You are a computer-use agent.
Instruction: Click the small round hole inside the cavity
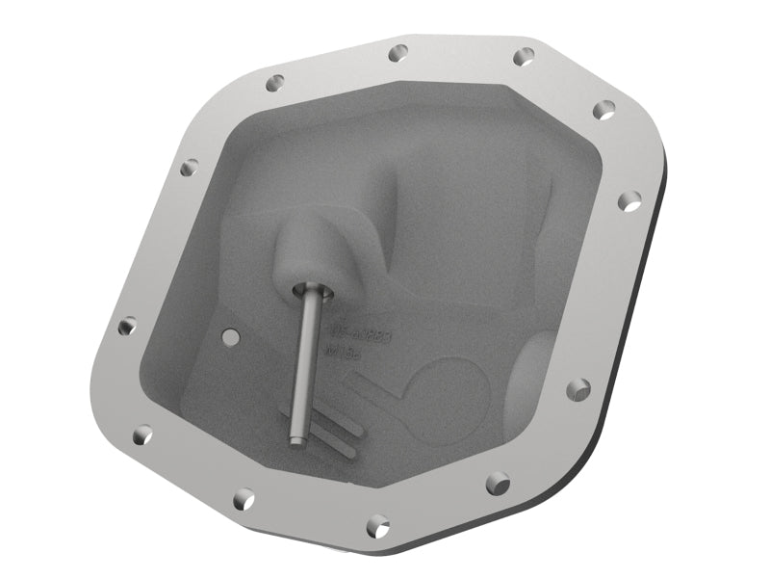pyautogui.click(x=230, y=336)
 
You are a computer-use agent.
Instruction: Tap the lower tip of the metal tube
pyautogui.click(x=295, y=441)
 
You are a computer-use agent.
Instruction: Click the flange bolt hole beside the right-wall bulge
pyautogui.click(x=577, y=389)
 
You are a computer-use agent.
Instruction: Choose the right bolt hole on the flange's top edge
pyautogui.click(x=524, y=57)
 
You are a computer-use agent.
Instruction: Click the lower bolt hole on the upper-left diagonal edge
pyautogui.click(x=190, y=168)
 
